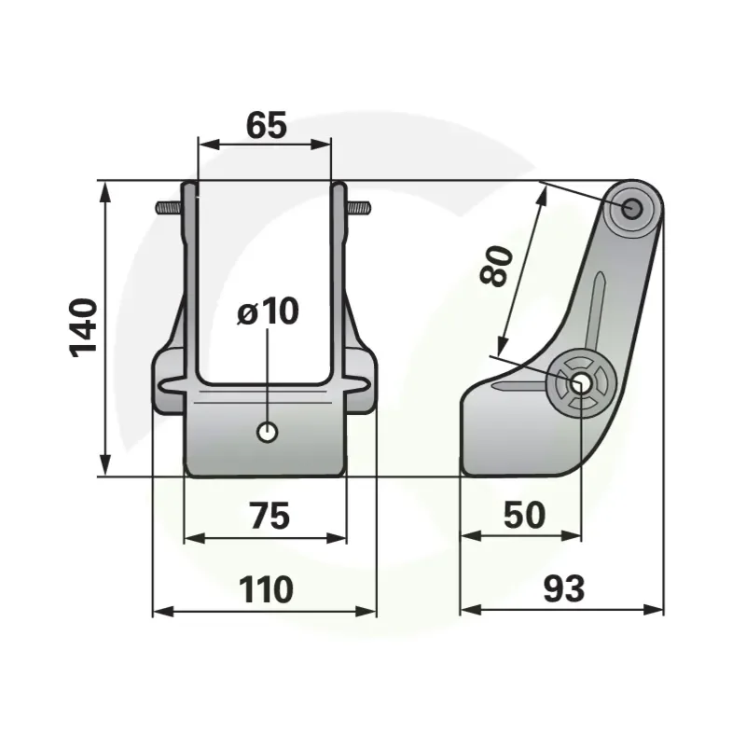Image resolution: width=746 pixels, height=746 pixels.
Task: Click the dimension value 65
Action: pos(267,125)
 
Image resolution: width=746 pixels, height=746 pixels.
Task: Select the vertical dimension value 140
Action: pos(84,328)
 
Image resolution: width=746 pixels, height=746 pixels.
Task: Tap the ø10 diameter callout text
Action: pos(268,311)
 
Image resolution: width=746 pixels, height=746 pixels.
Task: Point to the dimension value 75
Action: pos(269,516)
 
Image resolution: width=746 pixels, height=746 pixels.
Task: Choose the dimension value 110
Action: pos(266,589)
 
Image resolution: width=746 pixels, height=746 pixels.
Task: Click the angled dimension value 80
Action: pos(497,266)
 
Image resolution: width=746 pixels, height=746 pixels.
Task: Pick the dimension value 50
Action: pos(524,515)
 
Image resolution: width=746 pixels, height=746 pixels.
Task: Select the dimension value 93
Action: pos(564,588)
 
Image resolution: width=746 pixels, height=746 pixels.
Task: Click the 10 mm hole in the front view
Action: pos(267,433)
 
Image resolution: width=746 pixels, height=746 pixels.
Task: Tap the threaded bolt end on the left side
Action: pos(169,207)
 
